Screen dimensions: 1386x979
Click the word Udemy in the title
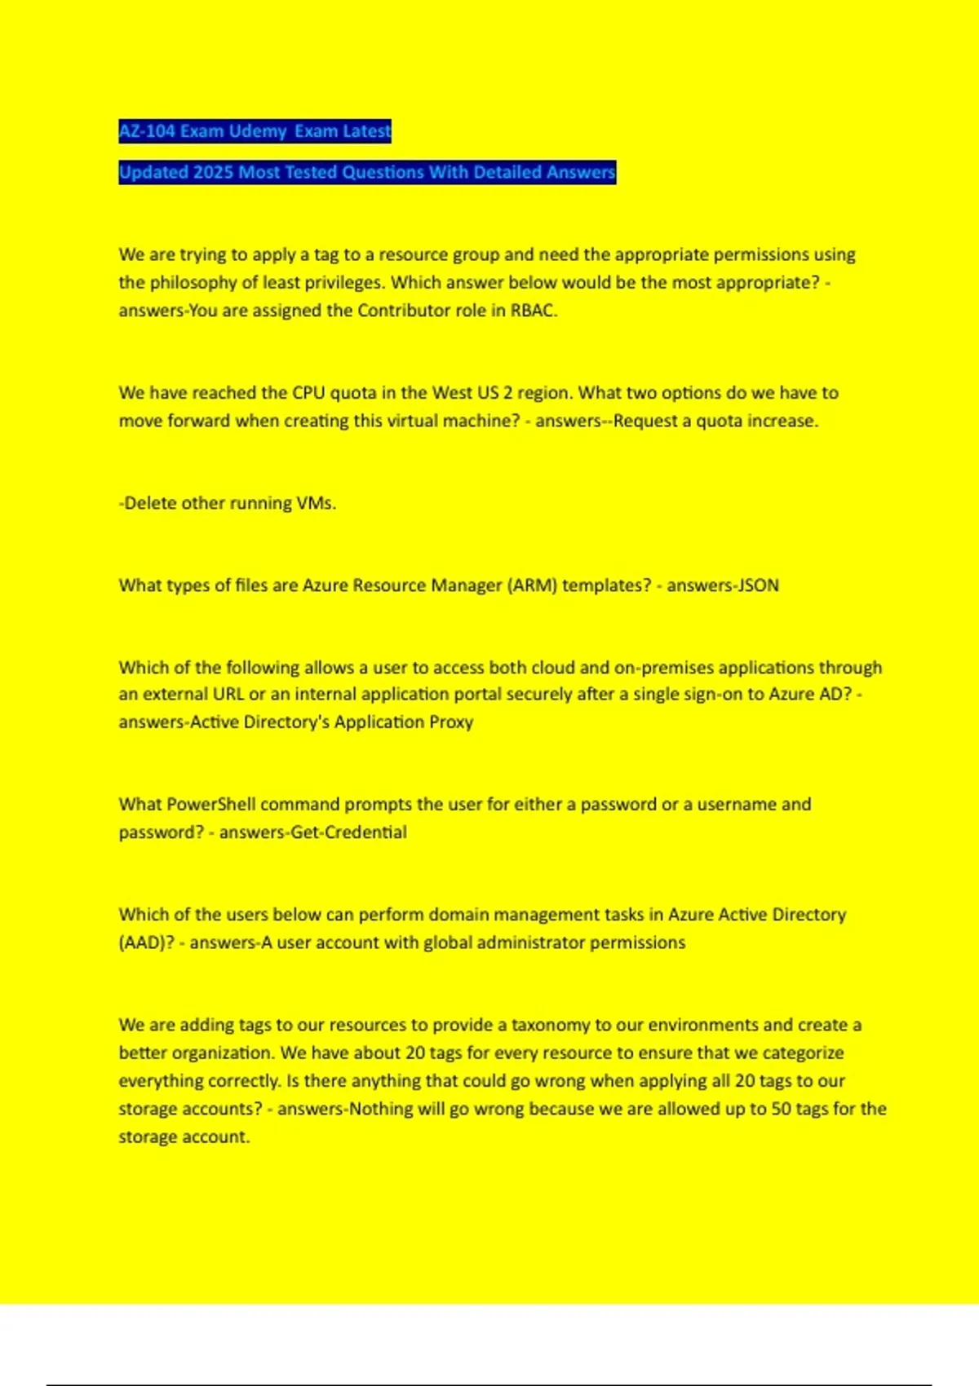click(258, 131)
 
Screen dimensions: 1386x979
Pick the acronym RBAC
click(534, 311)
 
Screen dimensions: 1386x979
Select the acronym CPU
click(308, 393)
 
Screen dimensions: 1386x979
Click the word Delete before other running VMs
click(150, 503)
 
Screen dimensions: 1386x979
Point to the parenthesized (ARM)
click(532, 585)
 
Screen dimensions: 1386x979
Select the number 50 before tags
click(782, 1109)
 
